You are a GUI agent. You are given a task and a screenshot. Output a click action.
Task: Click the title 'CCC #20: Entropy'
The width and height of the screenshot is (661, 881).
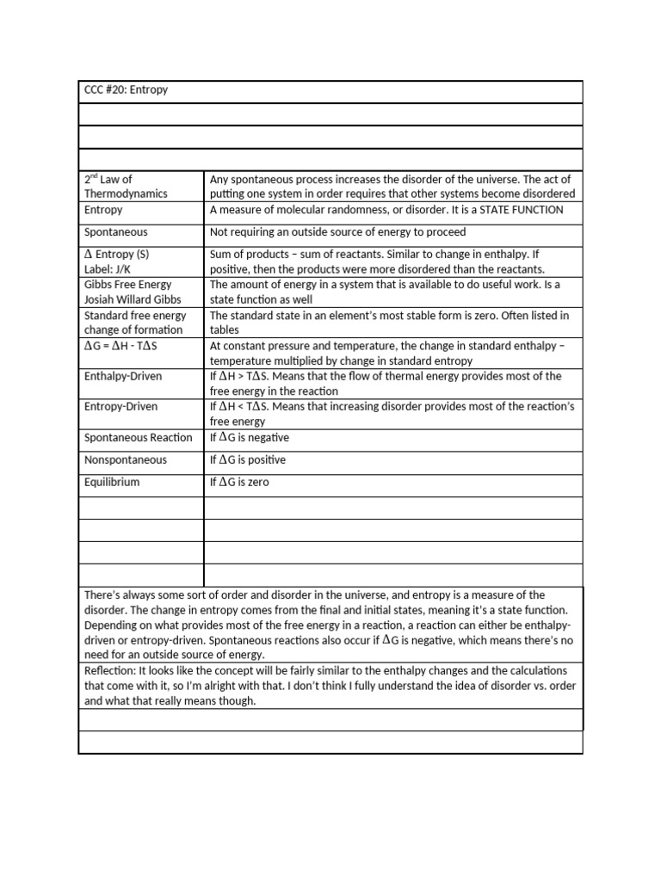(126, 89)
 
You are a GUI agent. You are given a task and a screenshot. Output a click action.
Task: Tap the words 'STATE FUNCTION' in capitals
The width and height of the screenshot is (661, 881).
(522, 209)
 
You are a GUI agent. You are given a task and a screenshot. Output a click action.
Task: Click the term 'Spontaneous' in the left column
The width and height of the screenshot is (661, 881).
(116, 232)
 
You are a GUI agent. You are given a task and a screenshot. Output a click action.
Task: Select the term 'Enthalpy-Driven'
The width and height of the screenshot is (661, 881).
(123, 376)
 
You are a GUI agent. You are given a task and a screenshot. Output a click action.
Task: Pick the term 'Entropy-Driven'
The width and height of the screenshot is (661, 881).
(121, 407)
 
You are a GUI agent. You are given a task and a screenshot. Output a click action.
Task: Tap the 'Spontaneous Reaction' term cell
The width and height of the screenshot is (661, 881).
(138, 438)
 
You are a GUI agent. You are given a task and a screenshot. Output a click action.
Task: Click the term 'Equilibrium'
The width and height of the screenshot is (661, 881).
(112, 483)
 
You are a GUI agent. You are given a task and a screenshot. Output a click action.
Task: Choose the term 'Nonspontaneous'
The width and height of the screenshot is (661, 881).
(126, 460)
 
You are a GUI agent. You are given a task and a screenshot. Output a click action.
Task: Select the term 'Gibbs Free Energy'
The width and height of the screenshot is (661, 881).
(128, 284)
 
